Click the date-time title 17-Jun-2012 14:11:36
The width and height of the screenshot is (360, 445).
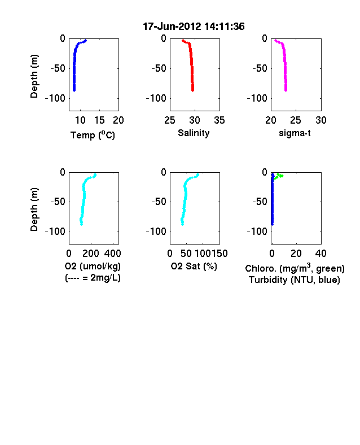[x=194, y=27]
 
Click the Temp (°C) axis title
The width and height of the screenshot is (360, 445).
[x=93, y=135]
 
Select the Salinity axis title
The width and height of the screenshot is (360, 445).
[x=194, y=133]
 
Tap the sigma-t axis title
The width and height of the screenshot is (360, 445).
[x=295, y=133]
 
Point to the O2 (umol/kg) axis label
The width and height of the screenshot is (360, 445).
[x=93, y=266]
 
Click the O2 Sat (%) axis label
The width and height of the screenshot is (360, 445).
[x=194, y=266]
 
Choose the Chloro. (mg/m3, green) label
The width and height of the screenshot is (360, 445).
[x=295, y=268]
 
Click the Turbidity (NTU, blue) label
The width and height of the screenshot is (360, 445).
[x=295, y=280]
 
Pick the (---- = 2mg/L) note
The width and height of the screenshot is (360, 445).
[x=93, y=277]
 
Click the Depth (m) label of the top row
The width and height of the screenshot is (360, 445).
[x=34, y=76]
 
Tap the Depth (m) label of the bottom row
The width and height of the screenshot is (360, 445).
[x=34, y=210]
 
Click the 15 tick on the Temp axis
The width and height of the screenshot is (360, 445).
[x=99, y=120]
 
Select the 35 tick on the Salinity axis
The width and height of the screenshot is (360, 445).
[x=219, y=120]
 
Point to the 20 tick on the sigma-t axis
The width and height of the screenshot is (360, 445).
[x=271, y=120]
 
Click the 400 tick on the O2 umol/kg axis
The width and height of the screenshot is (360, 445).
[x=112, y=254]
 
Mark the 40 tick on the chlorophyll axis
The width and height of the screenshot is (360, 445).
[x=321, y=254]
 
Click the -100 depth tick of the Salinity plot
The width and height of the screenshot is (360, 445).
[x=156, y=98]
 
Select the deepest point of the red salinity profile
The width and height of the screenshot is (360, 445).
[x=193, y=90]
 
